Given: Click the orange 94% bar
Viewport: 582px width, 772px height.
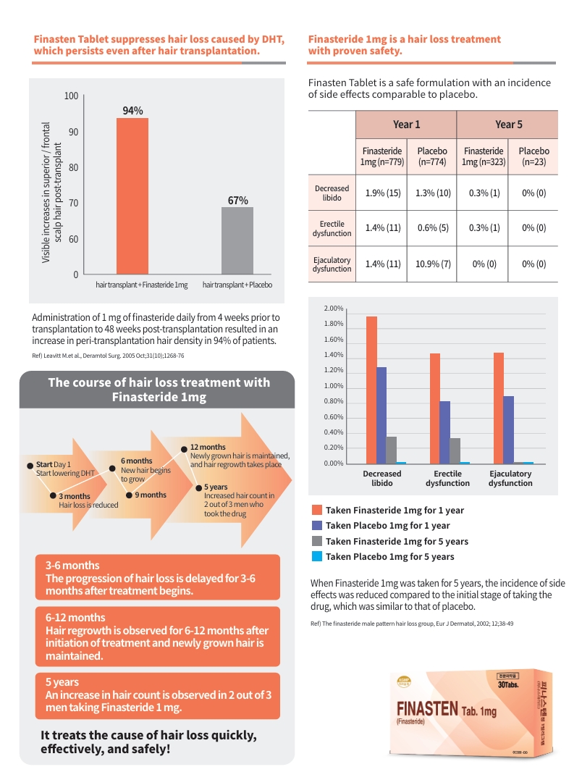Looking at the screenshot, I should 132,196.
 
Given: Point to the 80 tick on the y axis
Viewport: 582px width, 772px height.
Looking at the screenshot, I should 73,167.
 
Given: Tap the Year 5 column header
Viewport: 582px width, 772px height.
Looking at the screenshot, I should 508,124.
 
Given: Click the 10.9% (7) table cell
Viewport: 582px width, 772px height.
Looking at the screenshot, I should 434,264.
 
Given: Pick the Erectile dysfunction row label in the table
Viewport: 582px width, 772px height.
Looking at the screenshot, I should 332,229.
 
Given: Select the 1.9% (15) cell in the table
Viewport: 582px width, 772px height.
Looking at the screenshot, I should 383,193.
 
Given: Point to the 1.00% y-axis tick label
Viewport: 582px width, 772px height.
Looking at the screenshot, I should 333,386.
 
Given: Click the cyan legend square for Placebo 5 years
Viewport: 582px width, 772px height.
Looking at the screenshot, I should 316,556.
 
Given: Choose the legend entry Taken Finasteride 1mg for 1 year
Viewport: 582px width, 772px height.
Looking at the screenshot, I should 395,510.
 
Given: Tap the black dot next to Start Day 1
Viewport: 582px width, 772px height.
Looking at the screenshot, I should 30,464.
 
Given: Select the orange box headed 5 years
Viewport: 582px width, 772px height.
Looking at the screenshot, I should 158,695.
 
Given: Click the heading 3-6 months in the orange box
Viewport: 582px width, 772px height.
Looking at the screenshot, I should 72,565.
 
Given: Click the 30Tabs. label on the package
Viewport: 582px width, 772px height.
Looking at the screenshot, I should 507,684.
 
